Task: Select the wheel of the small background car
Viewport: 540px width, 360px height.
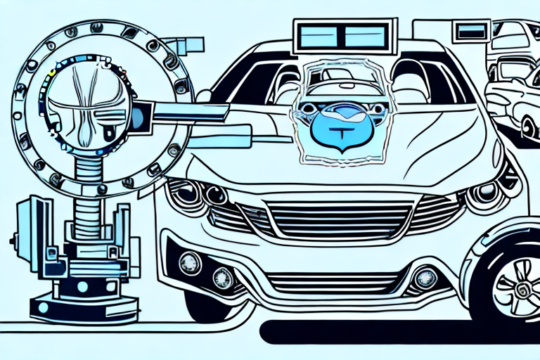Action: point(529,127)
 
